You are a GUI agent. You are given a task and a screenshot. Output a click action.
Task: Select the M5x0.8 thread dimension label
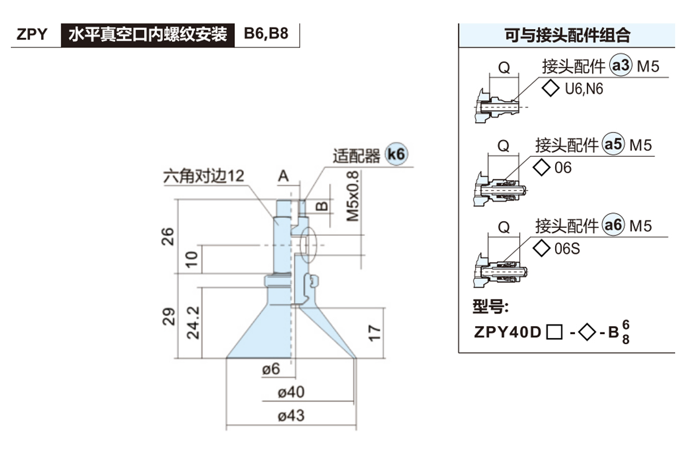353,196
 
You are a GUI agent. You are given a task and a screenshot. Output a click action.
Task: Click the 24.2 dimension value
194,322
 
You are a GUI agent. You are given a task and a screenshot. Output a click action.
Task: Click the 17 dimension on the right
374,333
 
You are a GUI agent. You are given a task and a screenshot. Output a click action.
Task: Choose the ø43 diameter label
291,415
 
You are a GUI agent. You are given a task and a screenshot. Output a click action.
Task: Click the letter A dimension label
284,177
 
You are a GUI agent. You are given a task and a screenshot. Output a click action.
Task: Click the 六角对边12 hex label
204,175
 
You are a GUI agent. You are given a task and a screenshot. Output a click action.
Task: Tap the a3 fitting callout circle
620,67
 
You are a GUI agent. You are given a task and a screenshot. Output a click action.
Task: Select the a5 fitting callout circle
613,145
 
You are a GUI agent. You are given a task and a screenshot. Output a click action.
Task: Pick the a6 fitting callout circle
613,226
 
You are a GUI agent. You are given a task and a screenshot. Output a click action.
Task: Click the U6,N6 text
584,89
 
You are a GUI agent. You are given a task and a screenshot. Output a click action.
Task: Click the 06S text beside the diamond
567,249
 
